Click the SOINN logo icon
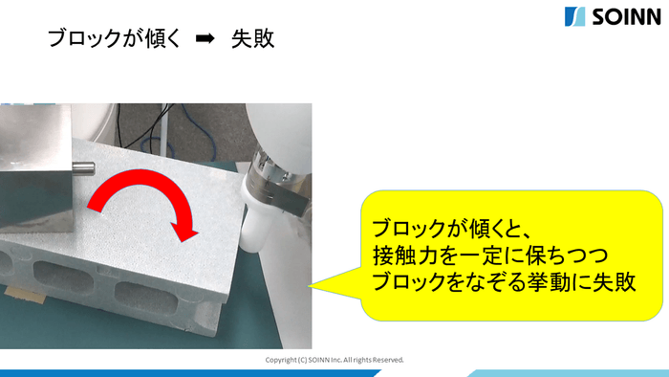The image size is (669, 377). click(x=574, y=16)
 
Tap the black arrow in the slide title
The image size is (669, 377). click(x=203, y=40)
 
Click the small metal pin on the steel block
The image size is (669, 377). click(x=83, y=169)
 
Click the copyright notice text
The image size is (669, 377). click(x=334, y=360)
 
